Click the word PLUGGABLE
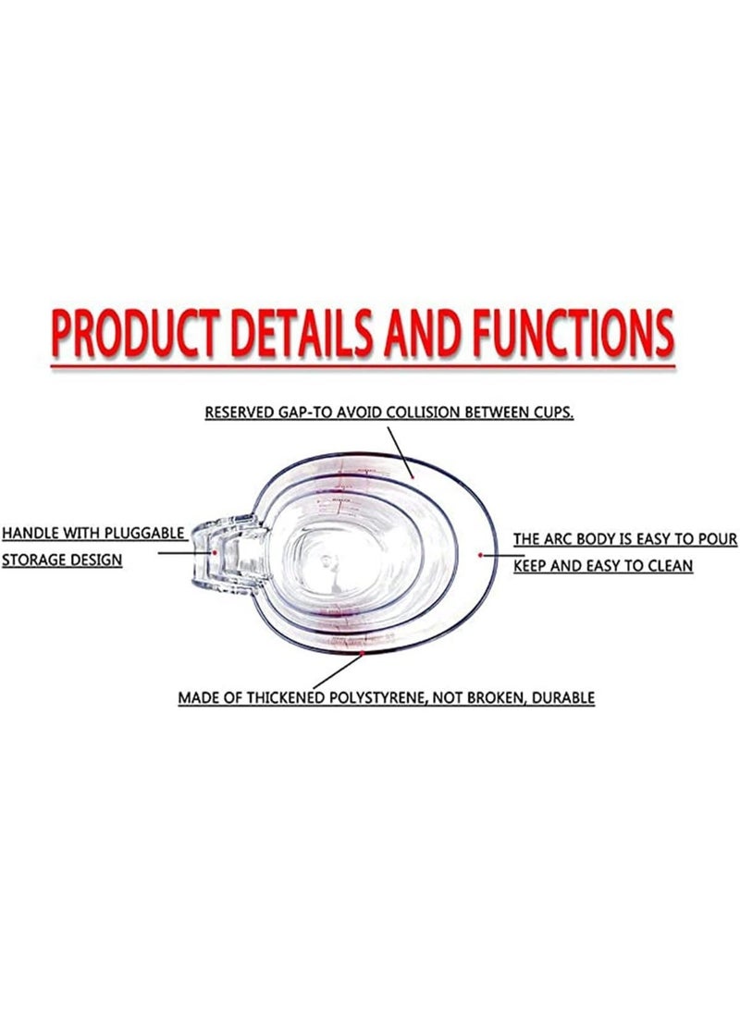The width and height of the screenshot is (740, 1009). point(145,534)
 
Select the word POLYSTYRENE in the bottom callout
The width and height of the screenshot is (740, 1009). point(375,697)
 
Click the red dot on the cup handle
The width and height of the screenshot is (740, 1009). point(215,551)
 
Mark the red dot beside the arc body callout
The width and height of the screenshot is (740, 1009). point(480,554)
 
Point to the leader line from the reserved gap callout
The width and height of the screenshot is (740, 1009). point(401,453)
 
